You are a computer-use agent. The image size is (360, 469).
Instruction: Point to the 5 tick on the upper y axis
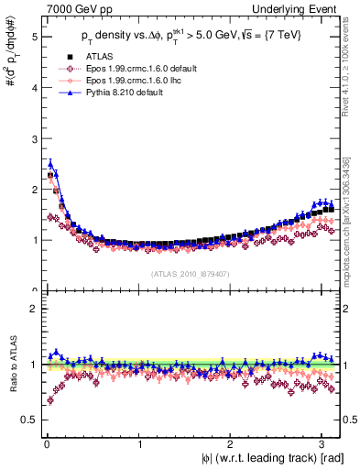point(34,38)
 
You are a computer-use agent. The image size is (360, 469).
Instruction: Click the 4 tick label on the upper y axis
point(34,88)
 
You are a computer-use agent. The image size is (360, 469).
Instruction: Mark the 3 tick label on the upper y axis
point(34,139)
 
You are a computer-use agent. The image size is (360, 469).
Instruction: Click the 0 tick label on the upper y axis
point(34,290)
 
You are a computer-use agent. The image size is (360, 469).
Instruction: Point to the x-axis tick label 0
point(45,448)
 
